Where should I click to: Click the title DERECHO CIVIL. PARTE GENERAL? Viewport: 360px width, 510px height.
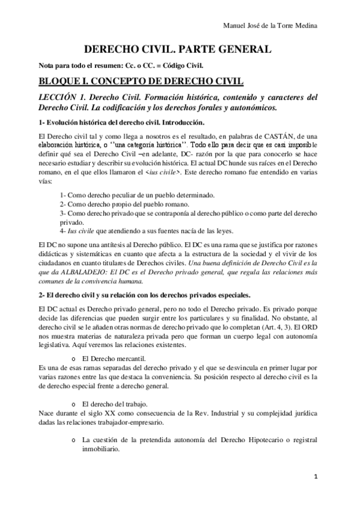(177, 50)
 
